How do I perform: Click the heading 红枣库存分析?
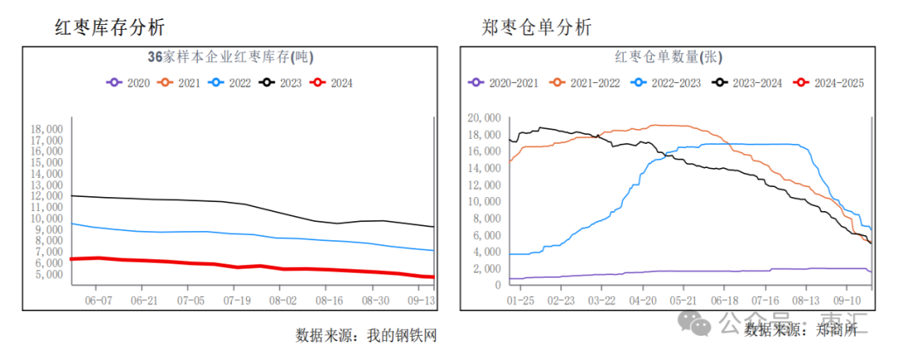coord(110,27)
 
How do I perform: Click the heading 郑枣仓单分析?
coord(536,27)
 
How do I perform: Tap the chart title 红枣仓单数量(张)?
coord(669,57)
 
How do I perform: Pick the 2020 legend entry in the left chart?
coord(128,82)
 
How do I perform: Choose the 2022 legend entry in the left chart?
coord(229,82)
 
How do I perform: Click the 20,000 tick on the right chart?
coord(484,118)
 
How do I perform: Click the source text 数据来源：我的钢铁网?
coord(366,335)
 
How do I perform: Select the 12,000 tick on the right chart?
coord(484,185)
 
